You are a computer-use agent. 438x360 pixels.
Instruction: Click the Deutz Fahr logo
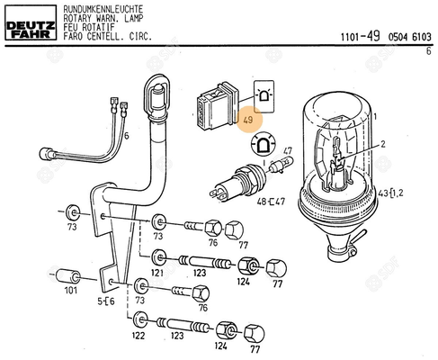tap(31, 22)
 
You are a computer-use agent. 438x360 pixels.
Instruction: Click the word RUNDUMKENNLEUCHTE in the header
tap(103, 9)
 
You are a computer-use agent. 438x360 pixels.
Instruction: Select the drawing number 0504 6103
tap(410, 37)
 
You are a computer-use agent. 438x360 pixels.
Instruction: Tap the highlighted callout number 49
tap(248, 121)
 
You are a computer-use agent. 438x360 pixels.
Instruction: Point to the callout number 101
tap(71, 291)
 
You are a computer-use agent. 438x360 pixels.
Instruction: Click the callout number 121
tap(157, 273)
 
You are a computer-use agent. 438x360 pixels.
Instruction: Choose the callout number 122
tap(139, 336)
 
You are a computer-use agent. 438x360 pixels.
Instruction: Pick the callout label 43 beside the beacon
tap(383, 193)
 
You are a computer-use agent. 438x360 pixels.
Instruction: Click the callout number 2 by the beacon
tap(383, 144)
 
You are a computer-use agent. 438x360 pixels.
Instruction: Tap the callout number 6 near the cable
tap(127, 136)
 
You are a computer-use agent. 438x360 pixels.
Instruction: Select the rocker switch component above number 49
tap(218, 106)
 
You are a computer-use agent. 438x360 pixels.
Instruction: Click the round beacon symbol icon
tap(263, 144)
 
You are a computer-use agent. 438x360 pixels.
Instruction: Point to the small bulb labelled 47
tap(282, 165)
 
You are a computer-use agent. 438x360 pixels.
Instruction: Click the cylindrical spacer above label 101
tap(68, 276)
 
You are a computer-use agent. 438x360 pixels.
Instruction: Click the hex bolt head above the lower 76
tap(201, 294)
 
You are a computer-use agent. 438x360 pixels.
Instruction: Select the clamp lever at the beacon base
tap(359, 236)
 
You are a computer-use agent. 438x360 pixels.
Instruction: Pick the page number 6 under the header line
tap(428, 51)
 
